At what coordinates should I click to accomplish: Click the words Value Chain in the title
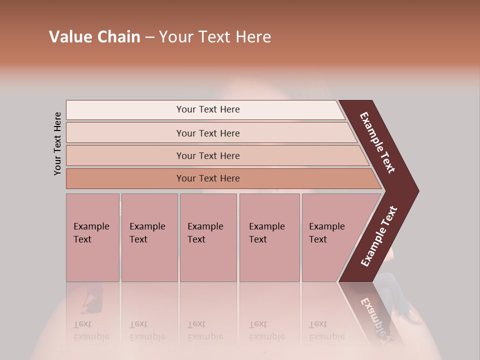(94, 37)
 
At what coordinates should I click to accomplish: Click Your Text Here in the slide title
(215, 37)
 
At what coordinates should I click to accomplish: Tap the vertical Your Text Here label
(57, 143)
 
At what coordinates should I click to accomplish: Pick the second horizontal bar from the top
(208, 133)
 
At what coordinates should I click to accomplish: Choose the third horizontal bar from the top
(208, 155)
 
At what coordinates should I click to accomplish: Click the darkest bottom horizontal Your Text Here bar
(208, 178)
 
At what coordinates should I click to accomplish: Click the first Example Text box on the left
(92, 237)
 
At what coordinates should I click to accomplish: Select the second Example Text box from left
(149, 237)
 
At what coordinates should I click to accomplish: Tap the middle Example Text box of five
(208, 237)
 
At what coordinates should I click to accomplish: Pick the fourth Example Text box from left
(269, 237)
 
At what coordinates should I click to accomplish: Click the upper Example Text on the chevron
(378, 142)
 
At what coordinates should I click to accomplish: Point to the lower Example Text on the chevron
(378, 236)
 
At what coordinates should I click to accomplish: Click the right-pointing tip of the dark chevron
(415, 191)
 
